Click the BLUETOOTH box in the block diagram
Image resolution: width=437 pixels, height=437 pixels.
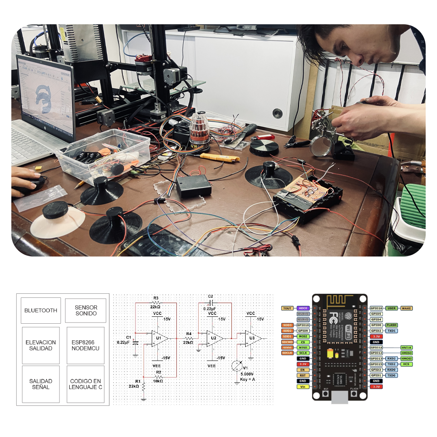[x=41, y=310]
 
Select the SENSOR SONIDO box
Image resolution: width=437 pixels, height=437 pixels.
[x=85, y=310]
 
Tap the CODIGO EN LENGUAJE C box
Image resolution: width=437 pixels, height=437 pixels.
[x=86, y=384]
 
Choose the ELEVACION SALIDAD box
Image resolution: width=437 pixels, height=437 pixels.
[x=41, y=345]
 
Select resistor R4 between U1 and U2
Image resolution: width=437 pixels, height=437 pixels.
[x=189, y=338]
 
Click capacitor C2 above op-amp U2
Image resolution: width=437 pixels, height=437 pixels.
[x=211, y=303]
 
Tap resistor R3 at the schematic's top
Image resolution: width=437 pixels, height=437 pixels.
[x=156, y=303]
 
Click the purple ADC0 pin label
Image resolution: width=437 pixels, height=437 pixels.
[x=303, y=308]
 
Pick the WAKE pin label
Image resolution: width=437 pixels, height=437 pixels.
[x=406, y=308]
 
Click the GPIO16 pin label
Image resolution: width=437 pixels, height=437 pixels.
[x=376, y=308]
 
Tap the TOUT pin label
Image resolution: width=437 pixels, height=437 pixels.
[x=287, y=308]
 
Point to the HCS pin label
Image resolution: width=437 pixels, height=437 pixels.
[x=406, y=364]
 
